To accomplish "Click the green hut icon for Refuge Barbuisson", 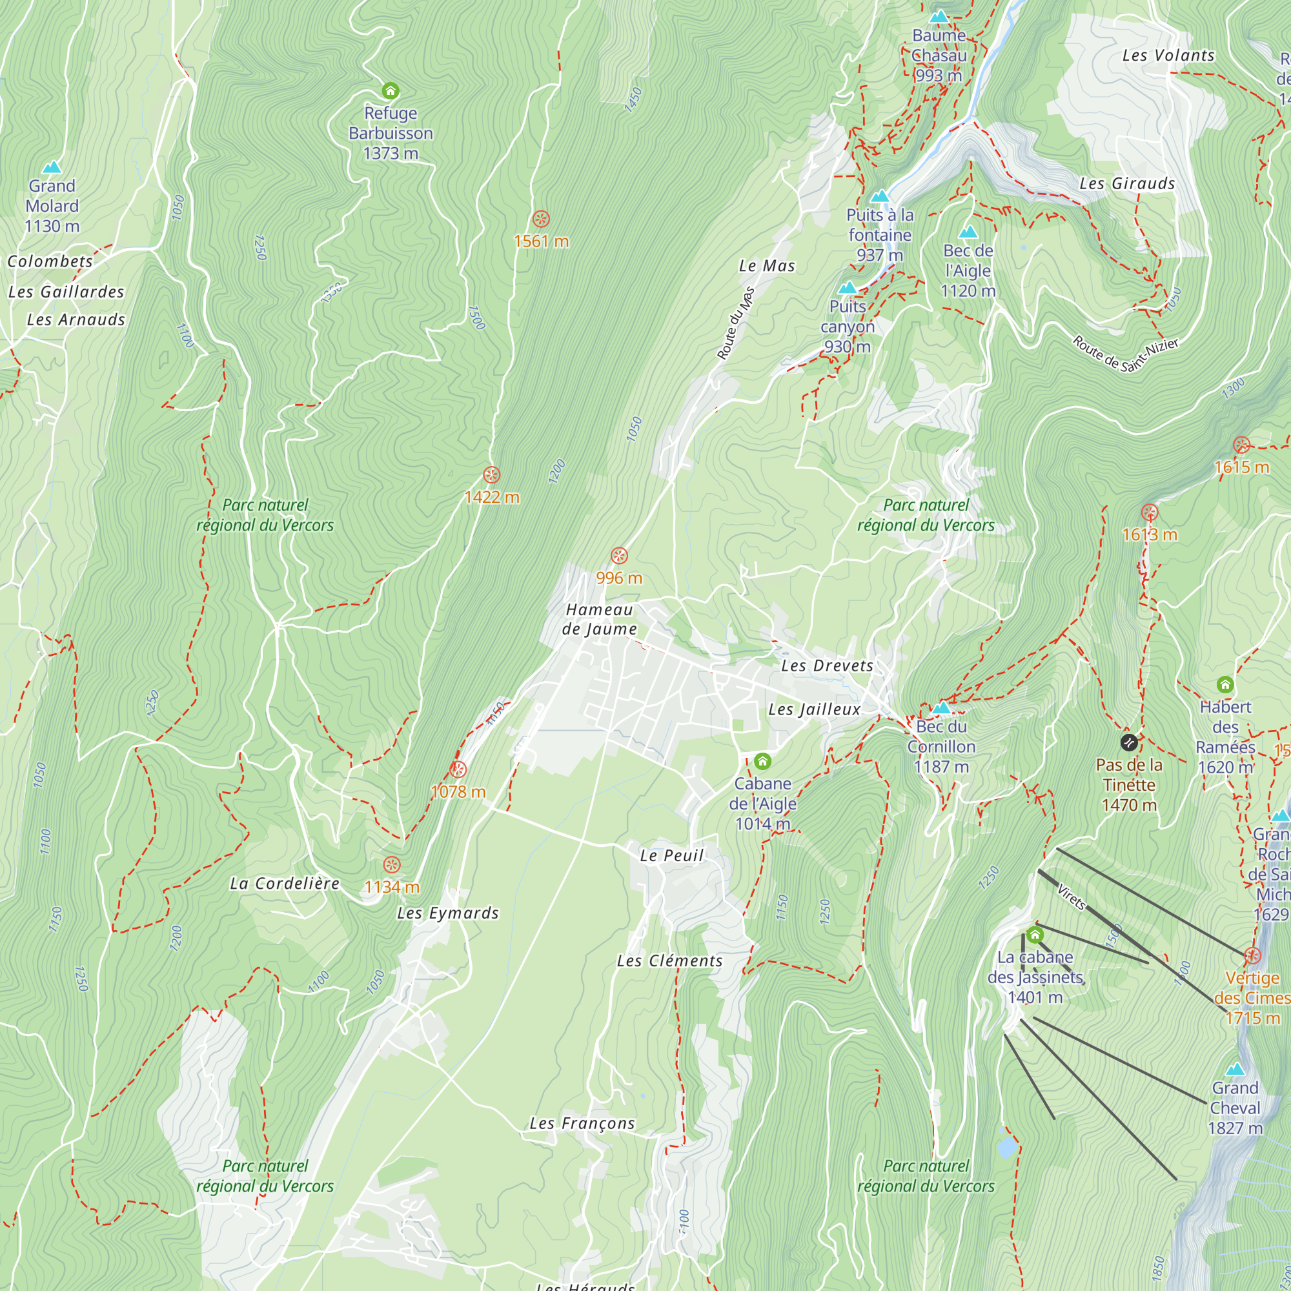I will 391,90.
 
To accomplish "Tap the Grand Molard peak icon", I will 52,167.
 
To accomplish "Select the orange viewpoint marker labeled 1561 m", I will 540,219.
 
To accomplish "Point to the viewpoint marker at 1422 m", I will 491,475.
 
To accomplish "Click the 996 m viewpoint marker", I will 619,555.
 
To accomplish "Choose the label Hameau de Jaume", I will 599,619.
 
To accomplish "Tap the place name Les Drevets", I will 827,666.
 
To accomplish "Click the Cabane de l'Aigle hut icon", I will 762,761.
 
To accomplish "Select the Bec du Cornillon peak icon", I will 941,707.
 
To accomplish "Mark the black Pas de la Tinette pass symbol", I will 1128,742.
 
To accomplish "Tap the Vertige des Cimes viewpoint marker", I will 1252,955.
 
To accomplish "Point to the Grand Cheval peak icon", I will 1235,1069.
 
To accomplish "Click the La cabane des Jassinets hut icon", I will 1034,934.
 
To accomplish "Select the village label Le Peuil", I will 671,855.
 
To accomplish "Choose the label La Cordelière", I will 285,884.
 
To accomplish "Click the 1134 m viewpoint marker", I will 392,864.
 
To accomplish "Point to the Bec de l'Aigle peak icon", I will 968,232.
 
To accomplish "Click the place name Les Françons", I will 582,1123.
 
